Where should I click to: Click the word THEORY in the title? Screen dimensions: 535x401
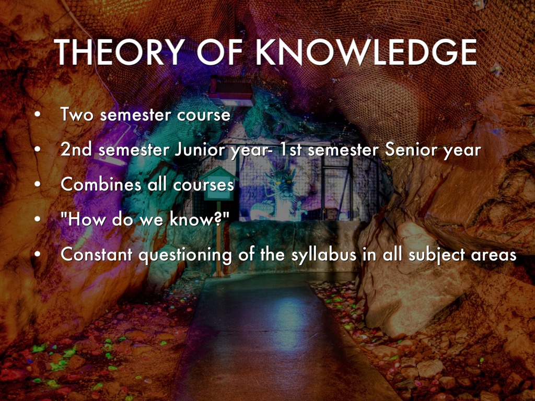pyautogui.click(x=120, y=52)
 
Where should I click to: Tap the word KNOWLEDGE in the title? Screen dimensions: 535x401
pyautogui.click(x=366, y=52)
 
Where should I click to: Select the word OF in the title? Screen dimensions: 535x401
pyautogui.click(x=220, y=52)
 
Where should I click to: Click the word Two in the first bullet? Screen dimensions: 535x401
pyautogui.click(x=77, y=114)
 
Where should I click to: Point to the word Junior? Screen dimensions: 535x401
pyautogui.click(x=200, y=150)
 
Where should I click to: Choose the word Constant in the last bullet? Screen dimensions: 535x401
pyautogui.click(x=97, y=254)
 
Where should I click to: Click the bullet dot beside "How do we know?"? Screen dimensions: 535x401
pyautogui.click(x=37, y=219)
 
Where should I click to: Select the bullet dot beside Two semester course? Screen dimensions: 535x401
pyautogui.click(x=37, y=114)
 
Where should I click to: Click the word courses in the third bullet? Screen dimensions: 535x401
pyautogui.click(x=203, y=185)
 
